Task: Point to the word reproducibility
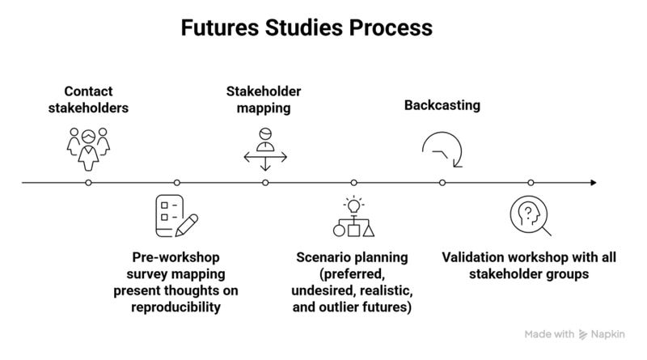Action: click(176, 308)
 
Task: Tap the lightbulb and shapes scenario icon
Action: click(353, 217)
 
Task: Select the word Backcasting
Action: click(442, 105)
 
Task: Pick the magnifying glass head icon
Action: click(530, 216)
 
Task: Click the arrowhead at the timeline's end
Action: click(594, 183)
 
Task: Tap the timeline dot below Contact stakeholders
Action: click(88, 183)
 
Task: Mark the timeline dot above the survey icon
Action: click(176, 183)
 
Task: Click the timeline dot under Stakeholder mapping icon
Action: click(265, 183)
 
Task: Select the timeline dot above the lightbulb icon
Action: click(353, 183)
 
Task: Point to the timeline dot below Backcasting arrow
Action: click(442, 183)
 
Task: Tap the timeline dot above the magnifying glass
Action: click(531, 183)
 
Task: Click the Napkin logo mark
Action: click(584, 334)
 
